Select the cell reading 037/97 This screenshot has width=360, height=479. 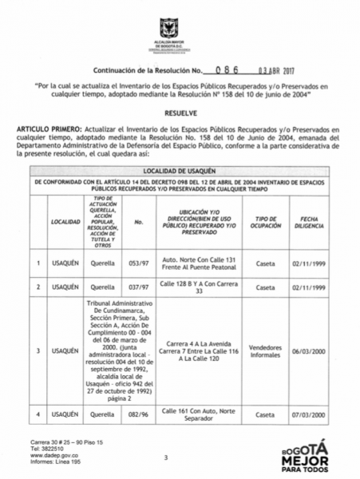click(140, 287)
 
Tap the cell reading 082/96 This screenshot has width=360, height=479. click(140, 416)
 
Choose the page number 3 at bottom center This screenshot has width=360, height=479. click(166, 457)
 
